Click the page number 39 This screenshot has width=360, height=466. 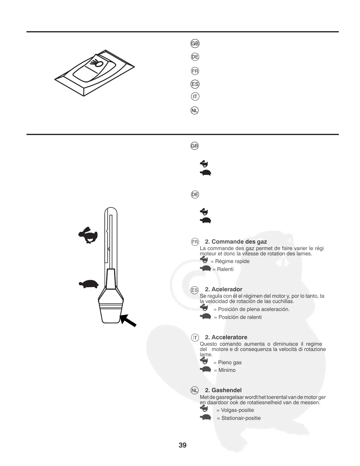(182, 445)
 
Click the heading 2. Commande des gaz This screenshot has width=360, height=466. (236, 242)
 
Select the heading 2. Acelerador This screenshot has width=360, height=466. (224, 289)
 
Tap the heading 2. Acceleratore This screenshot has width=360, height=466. (226, 337)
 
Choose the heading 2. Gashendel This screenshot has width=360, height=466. (223, 390)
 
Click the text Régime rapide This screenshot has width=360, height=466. (232, 261)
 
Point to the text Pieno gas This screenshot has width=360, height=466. (230, 362)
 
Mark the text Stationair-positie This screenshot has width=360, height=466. (241, 418)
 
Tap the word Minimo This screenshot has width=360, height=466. (227, 370)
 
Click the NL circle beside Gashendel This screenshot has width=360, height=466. (194, 390)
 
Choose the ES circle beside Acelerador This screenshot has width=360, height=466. (194, 290)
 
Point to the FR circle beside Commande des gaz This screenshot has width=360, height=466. (195, 242)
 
